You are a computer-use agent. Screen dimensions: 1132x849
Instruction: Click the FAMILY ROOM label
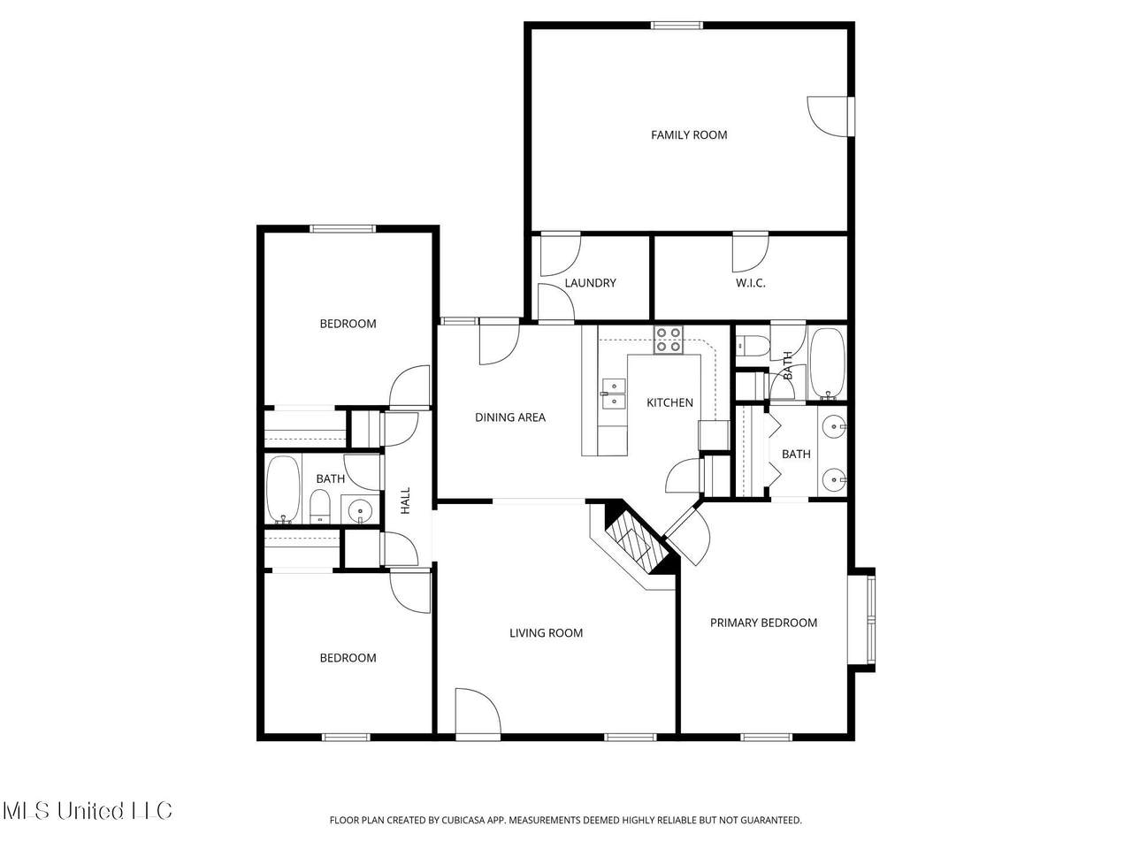688,135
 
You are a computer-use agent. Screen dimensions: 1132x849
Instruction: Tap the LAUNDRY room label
590,283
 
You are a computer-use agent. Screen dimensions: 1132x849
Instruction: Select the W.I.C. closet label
750,283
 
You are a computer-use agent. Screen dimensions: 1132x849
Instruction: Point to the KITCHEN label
669,402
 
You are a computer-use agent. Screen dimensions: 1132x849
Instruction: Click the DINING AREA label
510,417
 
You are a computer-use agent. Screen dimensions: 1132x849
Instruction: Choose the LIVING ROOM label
547,633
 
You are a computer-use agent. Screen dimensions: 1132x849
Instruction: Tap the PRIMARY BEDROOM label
763,623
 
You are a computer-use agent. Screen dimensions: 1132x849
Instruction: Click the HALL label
406,501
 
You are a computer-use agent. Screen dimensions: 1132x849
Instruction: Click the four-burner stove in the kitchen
668,340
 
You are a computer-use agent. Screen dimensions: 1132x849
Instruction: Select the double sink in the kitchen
614,394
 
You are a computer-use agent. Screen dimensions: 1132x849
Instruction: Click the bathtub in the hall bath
283,489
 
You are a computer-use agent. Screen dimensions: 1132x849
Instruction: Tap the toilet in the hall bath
320,506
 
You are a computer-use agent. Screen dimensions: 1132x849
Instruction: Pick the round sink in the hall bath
359,510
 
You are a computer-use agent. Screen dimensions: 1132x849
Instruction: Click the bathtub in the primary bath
827,363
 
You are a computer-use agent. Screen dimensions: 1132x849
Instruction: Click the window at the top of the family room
677,25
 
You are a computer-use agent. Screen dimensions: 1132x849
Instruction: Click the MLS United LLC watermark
88,811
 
